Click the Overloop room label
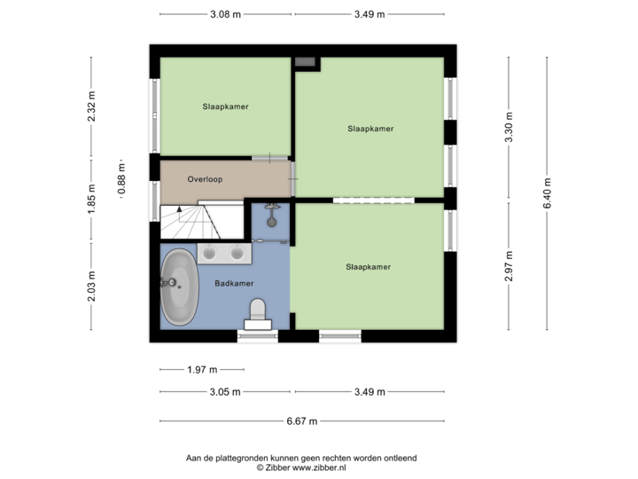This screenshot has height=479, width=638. pos(205,179)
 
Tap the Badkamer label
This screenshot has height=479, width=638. pos(235,283)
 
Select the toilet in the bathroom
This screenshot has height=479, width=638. pos(258,313)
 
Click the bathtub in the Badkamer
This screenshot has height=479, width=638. pos(180,287)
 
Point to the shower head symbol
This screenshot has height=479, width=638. pos(271,211)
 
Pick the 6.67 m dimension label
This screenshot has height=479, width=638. pos(301,420)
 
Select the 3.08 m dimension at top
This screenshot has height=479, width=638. pos(225,13)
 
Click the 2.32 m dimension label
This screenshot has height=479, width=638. pos(91,108)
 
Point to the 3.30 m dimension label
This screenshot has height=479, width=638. pos(508,128)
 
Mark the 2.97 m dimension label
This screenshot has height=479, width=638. pos(508,265)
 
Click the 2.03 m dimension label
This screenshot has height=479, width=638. pos(91,285)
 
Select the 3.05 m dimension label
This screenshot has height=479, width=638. pos(224,390)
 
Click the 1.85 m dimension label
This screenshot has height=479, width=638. pos(91,200)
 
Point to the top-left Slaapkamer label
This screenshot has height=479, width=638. pos(225,106)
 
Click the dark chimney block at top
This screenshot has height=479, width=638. pos(306,61)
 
